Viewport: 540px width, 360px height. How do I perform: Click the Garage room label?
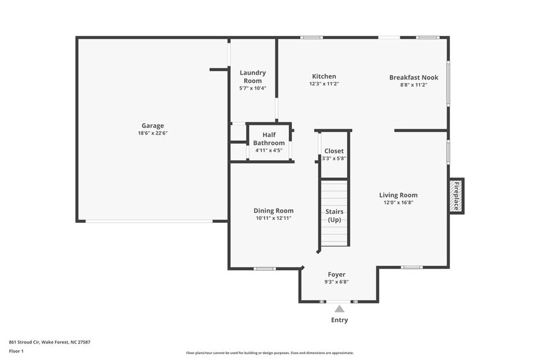tap(152, 126)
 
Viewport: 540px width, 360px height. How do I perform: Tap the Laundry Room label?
tap(252, 77)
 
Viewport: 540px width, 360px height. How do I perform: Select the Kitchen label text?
tap(324, 77)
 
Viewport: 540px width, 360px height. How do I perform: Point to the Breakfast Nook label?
tap(414, 77)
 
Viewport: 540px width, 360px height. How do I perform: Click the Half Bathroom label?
tap(269, 138)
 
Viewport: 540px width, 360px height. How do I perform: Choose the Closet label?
tap(334, 151)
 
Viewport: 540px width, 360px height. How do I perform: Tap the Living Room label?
tap(398, 195)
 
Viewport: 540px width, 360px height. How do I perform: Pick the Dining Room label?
tap(274, 211)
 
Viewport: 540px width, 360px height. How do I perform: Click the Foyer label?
tap(336, 274)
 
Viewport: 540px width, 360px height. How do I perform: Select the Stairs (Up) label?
tap(334, 216)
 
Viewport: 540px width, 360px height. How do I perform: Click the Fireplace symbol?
tap(456, 196)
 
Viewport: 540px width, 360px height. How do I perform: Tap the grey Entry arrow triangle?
tap(339, 309)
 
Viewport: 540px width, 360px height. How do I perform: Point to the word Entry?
tap(339, 320)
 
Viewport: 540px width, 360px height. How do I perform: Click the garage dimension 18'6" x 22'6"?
tap(152, 133)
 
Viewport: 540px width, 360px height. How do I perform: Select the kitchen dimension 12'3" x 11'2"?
tap(324, 84)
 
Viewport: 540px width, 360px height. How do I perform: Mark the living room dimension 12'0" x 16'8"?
tap(398, 203)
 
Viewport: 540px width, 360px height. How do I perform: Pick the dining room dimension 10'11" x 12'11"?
tap(274, 218)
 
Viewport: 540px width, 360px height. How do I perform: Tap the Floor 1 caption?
tap(17, 351)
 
